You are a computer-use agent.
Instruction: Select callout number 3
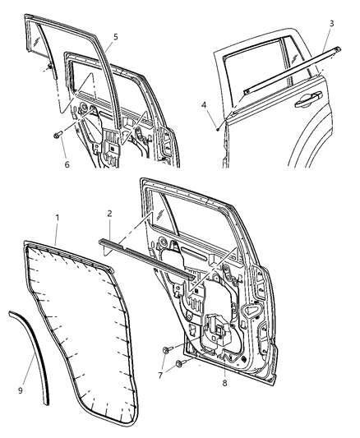(331, 23)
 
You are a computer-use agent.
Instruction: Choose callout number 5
(115, 36)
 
